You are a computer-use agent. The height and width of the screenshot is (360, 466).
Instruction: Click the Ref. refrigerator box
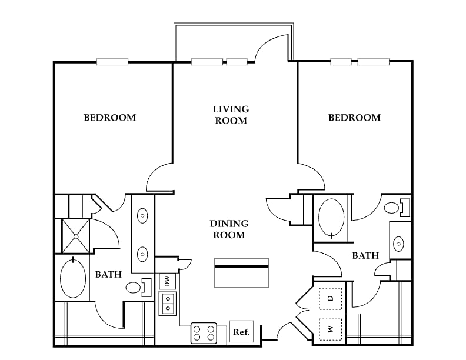pyautogui.click(x=242, y=331)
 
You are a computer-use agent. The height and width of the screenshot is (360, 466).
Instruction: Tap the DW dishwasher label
pyautogui.click(x=167, y=281)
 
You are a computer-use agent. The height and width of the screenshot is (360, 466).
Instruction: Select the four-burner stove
pyautogui.click(x=204, y=333)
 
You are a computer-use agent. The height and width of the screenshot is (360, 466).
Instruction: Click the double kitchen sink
pyautogui.click(x=168, y=304)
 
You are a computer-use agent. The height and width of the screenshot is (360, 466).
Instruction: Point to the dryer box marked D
pyautogui.click(x=330, y=298)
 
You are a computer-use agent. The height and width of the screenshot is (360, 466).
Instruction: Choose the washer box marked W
pyautogui.click(x=330, y=329)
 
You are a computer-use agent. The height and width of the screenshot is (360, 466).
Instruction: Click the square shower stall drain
pyautogui.click(x=76, y=236)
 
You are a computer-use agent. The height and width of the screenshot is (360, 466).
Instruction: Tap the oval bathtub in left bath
pyautogui.click(x=73, y=279)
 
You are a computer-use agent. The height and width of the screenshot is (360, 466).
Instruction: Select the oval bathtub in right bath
pyautogui.click(x=331, y=218)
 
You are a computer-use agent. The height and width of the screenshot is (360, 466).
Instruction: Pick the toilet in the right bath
pyautogui.click(x=397, y=208)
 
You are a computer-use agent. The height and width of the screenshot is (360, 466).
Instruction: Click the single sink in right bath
pyautogui.click(x=398, y=244)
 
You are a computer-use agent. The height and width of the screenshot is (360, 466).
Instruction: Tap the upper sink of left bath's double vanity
pyautogui.click(x=142, y=216)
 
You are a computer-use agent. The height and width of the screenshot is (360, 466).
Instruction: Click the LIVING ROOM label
pyautogui.click(x=231, y=115)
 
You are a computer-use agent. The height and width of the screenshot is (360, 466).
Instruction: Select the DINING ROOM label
pyautogui.click(x=229, y=229)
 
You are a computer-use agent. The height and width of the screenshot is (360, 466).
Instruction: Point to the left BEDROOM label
pyautogui.click(x=109, y=118)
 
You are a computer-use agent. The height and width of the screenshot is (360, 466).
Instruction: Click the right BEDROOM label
pyautogui.click(x=354, y=118)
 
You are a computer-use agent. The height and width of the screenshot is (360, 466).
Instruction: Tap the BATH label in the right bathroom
pyautogui.click(x=365, y=255)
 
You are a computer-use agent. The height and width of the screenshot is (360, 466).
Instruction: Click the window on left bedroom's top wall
pyautogui.click(x=112, y=62)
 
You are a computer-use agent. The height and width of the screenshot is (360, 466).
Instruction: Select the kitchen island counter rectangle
pyautogui.click(x=242, y=273)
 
